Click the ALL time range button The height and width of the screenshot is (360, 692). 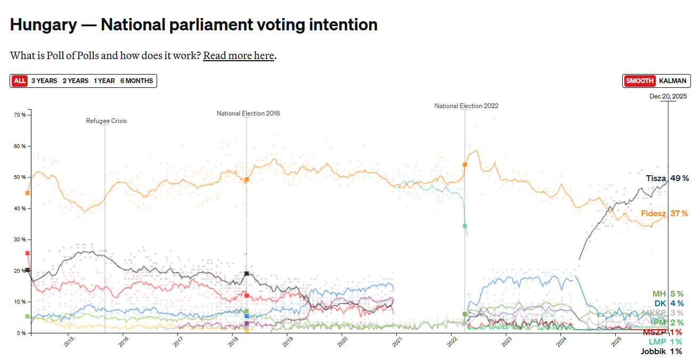(x=20, y=81)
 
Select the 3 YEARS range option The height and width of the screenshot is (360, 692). (x=44, y=81)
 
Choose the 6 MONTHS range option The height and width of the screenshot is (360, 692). (x=136, y=81)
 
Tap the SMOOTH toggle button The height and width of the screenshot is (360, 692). (x=639, y=81)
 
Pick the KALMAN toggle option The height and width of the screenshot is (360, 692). (x=672, y=81)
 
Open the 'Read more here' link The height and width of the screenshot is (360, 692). (x=239, y=55)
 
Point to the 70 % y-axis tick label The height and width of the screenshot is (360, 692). (x=20, y=115)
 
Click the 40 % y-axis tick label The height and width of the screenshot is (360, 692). (x=20, y=208)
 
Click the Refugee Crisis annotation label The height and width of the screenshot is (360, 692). (x=107, y=121)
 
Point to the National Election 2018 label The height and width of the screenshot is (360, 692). (x=248, y=113)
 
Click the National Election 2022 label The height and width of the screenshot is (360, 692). (x=466, y=106)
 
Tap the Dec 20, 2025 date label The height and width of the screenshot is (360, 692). (x=668, y=96)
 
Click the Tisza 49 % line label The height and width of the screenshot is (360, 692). (x=667, y=178)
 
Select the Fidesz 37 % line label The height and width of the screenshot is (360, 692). (x=664, y=214)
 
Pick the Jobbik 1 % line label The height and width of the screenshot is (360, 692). (x=661, y=351)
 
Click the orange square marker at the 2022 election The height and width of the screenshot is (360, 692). (x=465, y=165)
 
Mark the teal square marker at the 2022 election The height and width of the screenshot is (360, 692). (x=465, y=226)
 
